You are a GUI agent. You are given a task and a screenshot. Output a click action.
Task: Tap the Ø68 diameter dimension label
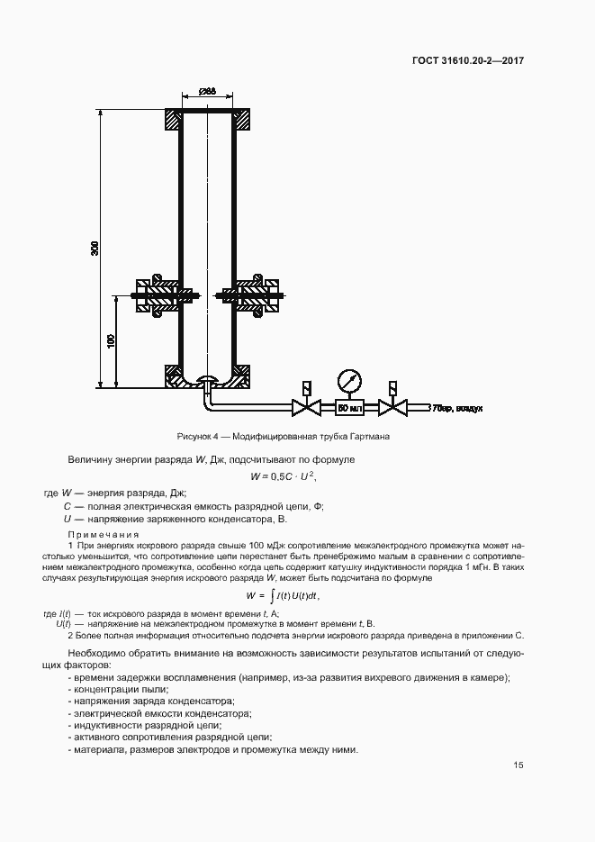click(x=206, y=91)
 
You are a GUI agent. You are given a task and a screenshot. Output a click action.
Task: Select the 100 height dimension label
click(x=112, y=341)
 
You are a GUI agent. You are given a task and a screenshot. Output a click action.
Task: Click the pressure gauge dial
click(x=348, y=377)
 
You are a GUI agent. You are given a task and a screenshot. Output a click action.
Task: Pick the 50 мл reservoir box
click(x=348, y=408)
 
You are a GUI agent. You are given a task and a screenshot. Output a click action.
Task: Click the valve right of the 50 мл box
click(x=391, y=408)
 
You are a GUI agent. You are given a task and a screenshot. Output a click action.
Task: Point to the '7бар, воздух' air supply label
click(x=457, y=408)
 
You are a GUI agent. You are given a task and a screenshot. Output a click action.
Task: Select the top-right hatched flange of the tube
click(x=242, y=121)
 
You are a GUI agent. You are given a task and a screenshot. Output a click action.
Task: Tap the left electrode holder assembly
click(x=158, y=294)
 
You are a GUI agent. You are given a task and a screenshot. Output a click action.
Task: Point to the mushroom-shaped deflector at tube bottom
click(x=207, y=379)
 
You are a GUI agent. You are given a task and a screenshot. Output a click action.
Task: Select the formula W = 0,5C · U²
click(x=284, y=476)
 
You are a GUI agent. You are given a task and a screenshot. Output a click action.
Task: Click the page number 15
click(x=518, y=765)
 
